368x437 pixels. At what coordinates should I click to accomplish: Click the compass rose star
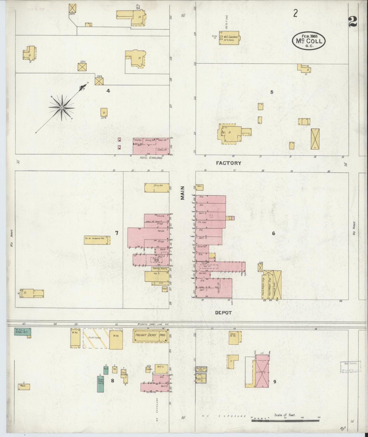(x=62, y=108)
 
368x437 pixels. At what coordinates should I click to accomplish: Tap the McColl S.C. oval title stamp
(x=309, y=41)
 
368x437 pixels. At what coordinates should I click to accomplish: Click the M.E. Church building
(x=229, y=38)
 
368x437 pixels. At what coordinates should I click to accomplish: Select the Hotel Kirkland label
(x=151, y=158)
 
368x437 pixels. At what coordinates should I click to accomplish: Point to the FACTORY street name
(x=228, y=163)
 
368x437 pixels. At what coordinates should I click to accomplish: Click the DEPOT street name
(x=223, y=312)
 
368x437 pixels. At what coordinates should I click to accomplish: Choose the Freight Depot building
(x=150, y=336)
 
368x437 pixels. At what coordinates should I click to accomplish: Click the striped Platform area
(x=96, y=338)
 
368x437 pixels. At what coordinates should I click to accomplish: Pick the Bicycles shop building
(x=157, y=188)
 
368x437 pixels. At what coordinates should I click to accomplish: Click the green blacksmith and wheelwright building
(x=23, y=331)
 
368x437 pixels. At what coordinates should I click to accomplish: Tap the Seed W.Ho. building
(x=233, y=338)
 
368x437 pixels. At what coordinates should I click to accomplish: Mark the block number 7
(x=117, y=233)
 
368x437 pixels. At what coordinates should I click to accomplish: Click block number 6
(x=273, y=233)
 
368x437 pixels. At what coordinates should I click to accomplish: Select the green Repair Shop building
(x=100, y=384)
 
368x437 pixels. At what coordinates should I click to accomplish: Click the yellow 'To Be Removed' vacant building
(x=97, y=240)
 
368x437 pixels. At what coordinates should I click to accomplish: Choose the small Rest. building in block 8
(x=24, y=387)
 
